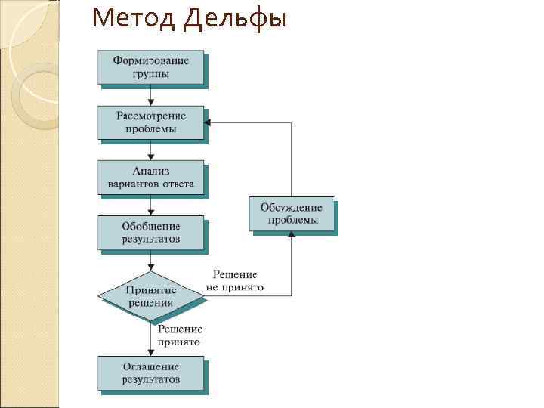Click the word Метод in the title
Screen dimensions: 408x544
click(131, 17)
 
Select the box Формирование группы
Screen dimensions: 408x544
click(150, 66)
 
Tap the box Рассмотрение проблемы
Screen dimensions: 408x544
click(150, 122)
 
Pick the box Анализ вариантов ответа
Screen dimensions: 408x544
click(150, 178)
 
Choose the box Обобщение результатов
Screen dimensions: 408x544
click(150, 233)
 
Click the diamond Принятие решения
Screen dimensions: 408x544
click(151, 295)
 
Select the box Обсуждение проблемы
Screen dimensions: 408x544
click(292, 214)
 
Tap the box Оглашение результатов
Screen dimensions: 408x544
click(150, 373)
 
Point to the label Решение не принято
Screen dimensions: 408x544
click(234, 280)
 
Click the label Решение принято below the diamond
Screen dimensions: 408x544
click(180, 335)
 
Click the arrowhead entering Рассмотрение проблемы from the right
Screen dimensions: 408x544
click(209, 122)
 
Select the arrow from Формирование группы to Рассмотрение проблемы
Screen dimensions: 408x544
click(151, 94)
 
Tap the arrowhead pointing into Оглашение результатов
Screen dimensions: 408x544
click(151, 352)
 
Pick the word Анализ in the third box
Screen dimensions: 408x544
click(150, 172)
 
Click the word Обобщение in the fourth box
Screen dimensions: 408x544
click(150, 227)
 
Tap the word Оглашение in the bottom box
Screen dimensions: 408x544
click(150, 367)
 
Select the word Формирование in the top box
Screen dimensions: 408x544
click(150, 60)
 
